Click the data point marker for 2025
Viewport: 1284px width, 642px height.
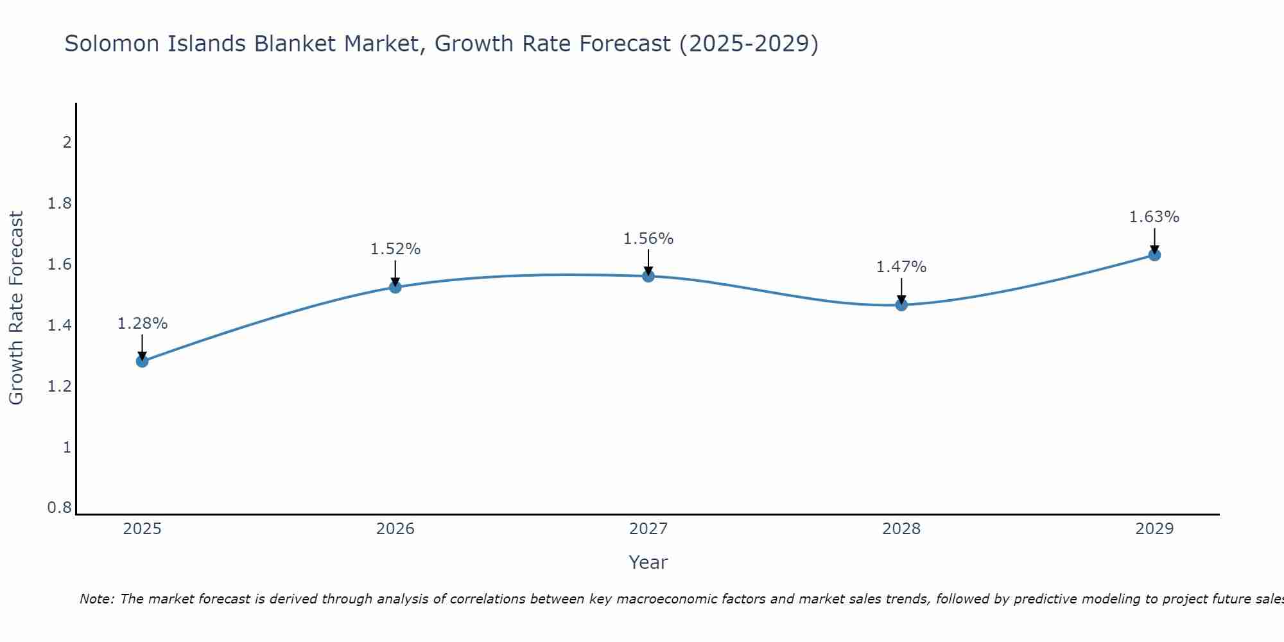143,361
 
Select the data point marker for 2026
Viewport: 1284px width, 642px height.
395,287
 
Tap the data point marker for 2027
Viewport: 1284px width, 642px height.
648,276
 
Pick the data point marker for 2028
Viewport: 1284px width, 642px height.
901,304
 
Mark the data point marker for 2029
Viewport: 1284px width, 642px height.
1154,255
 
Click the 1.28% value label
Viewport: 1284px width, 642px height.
143,324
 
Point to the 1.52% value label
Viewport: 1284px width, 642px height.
395,249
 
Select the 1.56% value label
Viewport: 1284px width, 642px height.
648,239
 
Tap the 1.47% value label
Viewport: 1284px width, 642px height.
901,267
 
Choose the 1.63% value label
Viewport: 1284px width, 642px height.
1154,217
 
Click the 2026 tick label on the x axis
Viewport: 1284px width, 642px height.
395,529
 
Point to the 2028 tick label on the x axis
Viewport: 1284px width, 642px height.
901,529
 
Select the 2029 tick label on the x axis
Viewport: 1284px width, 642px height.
1154,529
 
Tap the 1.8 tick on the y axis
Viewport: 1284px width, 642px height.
60,204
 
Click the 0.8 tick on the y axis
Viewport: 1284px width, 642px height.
60,508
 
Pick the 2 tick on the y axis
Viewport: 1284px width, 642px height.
67,143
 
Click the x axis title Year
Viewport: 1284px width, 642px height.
648,562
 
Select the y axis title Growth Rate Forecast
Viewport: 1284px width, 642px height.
16,308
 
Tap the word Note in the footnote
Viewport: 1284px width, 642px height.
96,599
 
